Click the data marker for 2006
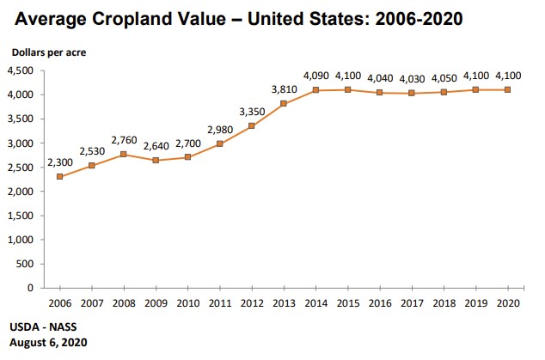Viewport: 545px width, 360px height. click(59, 177)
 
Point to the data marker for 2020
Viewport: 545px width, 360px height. click(508, 90)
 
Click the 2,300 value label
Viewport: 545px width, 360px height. click(59, 162)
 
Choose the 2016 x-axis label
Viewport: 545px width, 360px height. click(381, 302)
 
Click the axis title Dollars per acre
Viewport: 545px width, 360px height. click(49, 52)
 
